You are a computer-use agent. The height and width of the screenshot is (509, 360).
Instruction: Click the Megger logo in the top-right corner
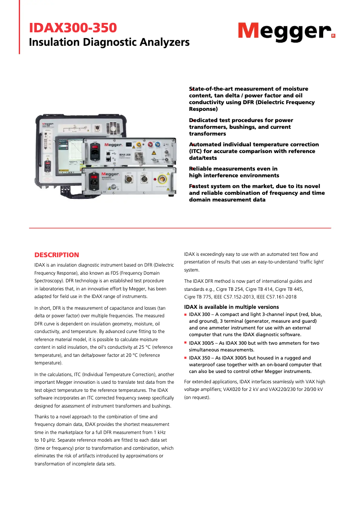[x=286, y=31]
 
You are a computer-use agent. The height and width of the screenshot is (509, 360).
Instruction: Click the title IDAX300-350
[x=73, y=28]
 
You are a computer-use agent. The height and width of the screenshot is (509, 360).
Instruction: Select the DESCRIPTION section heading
[x=57, y=255]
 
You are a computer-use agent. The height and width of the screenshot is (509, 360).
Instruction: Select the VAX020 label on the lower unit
[x=107, y=178]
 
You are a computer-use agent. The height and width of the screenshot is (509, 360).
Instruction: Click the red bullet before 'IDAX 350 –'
[x=186, y=358]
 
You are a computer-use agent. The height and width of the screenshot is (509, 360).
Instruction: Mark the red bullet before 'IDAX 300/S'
[x=186, y=343]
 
